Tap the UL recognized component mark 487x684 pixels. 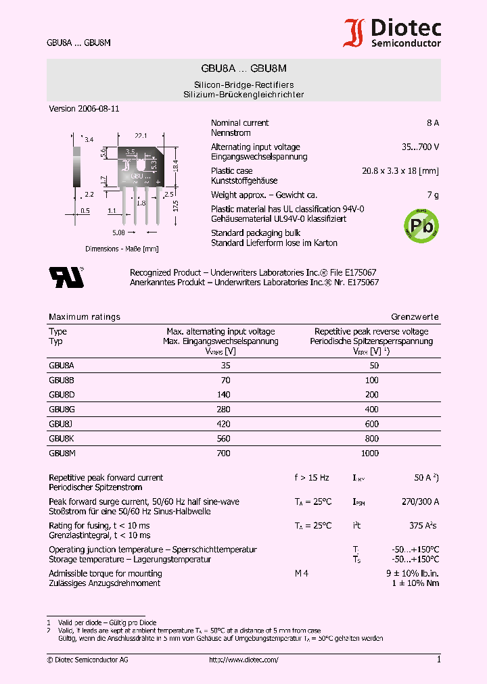point(65,276)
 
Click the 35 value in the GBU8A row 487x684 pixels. point(226,365)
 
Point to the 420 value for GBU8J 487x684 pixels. point(223,424)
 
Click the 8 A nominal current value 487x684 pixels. point(433,123)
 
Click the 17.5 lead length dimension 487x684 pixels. point(175,206)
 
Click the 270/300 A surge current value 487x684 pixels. point(419,502)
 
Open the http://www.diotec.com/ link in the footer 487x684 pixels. point(244,660)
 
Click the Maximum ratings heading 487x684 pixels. point(85,317)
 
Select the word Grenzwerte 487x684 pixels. point(415,317)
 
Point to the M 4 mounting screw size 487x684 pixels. point(302,574)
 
